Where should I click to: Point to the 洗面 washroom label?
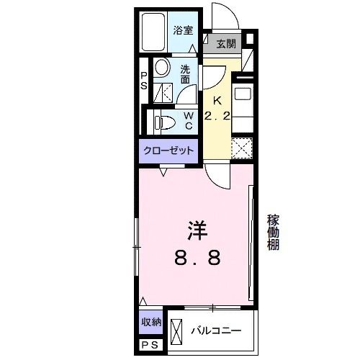(x=186, y=74)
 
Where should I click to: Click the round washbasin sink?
(x=162, y=70)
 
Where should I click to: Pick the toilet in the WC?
(x=161, y=121)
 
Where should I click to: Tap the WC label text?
(x=188, y=121)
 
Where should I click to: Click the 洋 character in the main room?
(x=197, y=230)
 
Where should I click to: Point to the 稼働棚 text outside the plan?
(x=273, y=232)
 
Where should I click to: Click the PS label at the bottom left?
(x=150, y=346)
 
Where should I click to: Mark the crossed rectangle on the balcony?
(x=177, y=330)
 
